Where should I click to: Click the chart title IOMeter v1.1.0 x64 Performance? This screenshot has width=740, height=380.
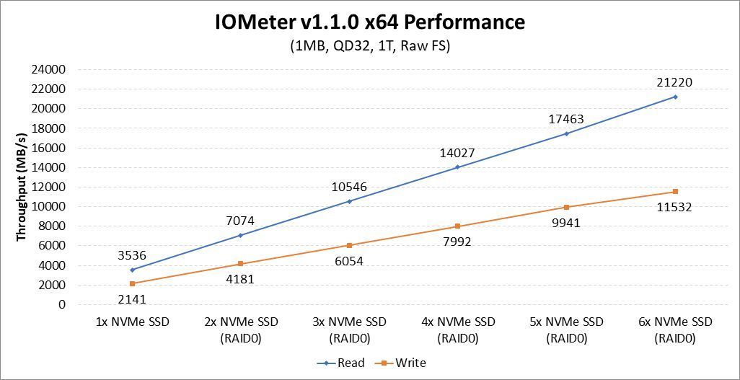[x=369, y=22]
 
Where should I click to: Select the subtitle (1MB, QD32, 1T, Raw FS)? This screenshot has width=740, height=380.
[x=369, y=46]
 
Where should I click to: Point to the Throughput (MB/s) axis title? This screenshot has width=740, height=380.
[x=22, y=187]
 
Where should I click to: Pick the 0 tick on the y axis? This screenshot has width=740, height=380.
[x=61, y=304]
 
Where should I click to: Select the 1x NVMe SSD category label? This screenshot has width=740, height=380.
[x=133, y=322]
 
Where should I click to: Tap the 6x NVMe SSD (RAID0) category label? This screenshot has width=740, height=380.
[x=676, y=329]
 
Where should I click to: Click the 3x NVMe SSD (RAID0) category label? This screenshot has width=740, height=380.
[x=350, y=329]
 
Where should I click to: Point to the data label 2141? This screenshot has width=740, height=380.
[x=133, y=299]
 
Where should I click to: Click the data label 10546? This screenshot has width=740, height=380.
[x=350, y=187]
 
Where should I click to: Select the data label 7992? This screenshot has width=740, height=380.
[x=458, y=242]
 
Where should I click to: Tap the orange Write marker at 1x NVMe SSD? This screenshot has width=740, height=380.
[x=133, y=283]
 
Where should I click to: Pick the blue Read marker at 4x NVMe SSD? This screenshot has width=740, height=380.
[x=458, y=167]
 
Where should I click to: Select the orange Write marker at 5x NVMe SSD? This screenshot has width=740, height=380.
[x=567, y=207]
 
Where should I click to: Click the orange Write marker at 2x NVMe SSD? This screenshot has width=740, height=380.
[x=241, y=264]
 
